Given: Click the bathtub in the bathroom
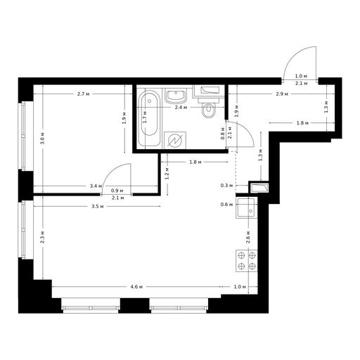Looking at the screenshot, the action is point(149,117).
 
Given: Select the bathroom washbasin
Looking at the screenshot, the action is point(176,96).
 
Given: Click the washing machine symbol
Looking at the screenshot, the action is point(175,140).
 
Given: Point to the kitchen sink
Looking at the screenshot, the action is point(246,208).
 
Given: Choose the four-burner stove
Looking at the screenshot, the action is point(247,261).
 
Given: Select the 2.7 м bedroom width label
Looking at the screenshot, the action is point(83,94).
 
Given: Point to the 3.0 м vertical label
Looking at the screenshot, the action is point(43,139).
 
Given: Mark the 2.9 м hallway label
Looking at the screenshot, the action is point(282,94).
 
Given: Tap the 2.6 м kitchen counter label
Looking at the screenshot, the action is point(248,237).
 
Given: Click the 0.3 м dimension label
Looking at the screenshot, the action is point(226,186).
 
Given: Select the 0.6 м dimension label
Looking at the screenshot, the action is point(226,205).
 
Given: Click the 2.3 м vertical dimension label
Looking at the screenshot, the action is point(43,237).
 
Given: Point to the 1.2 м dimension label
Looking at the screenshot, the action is point(167,173).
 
